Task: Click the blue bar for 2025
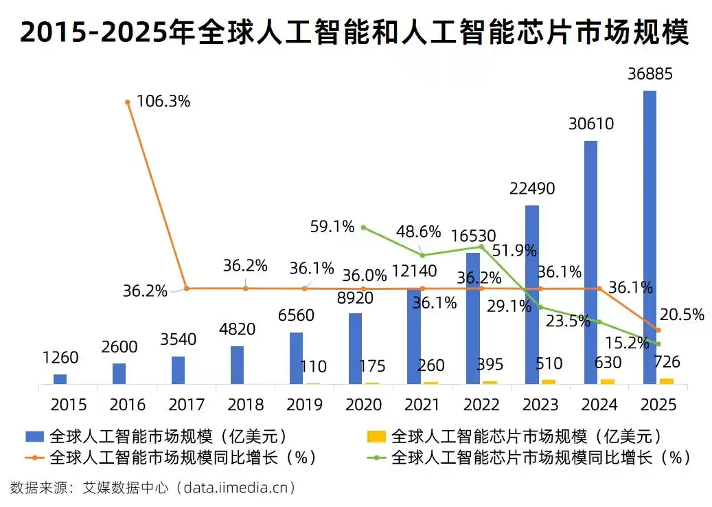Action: point(650,237)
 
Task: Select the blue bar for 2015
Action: point(60,379)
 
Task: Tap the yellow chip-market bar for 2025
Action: point(666,381)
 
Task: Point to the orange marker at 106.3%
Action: point(128,102)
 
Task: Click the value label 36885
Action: point(650,73)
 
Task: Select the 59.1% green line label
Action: point(332,226)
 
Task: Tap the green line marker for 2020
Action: point(363,227)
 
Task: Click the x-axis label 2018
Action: point(245,404)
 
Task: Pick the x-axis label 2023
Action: point(540,404)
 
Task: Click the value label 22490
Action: point(532,188)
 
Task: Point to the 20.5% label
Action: point(682,315)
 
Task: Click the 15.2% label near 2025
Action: point(627,341)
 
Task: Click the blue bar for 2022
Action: point(472,317)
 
